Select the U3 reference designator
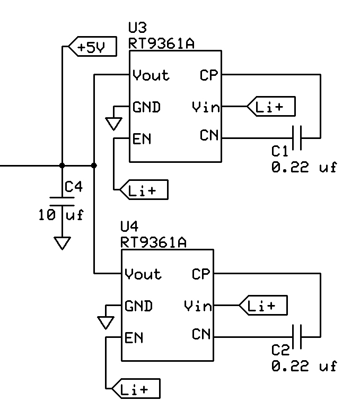(138, 28)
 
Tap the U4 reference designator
(129, 227)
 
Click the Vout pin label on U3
(151, 75)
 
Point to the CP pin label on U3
(209, 75)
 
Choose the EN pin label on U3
(142, 139)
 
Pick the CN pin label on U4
(201, 335)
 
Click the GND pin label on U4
(139, 306)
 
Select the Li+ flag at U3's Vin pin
(271, 107)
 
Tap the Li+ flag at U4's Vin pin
(263, 306)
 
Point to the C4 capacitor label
(74, 187)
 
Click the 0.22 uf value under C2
(304, 366)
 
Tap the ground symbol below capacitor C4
(63, 243)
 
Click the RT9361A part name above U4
(153, 242)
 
